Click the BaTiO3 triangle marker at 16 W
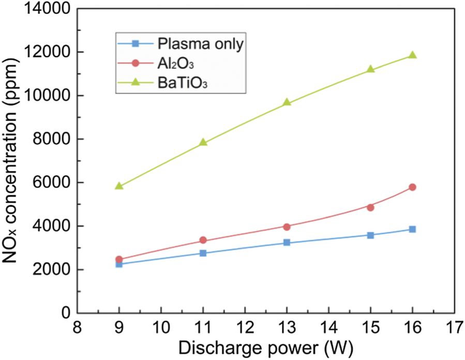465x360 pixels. (x=412, y=55)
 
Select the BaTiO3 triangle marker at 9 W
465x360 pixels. (x=119, y=186)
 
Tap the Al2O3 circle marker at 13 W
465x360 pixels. (x=287, y=227)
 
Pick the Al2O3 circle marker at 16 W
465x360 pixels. (x=412, y=187)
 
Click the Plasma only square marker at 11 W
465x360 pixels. (x=203, y=253)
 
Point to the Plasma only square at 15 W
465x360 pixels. (x=370, y=235)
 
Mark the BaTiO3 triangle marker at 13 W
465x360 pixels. (x=287, y=102)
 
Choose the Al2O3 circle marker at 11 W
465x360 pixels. (x=203, y=240)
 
